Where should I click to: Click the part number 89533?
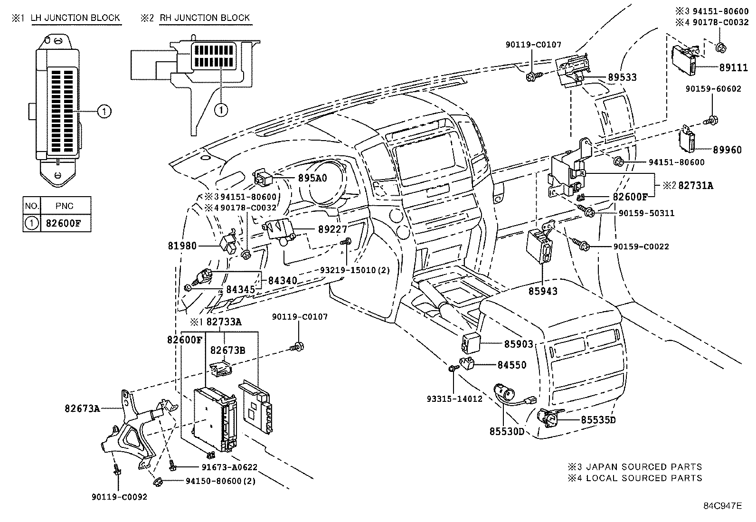[622, 77]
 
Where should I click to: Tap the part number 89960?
[727, 150]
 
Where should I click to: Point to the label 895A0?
[312, 178]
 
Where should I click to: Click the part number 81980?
[182, 246]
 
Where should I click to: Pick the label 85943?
[543, 291]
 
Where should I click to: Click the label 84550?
[512, 365]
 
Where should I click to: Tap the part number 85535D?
[598, 420]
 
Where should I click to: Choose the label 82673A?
[82, 408]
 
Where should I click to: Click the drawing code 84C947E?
[722, 505]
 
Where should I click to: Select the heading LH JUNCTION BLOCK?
[76, 18]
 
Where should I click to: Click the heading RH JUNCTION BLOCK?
[205, 18]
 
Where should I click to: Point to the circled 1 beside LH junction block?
[104, 112]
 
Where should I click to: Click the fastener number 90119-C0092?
[119, 497]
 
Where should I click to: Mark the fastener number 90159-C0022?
[641, 247]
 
